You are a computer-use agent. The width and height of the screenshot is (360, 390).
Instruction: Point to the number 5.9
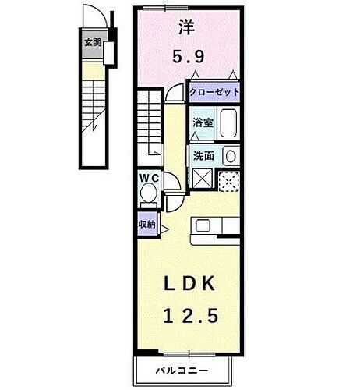(x=188, y=57)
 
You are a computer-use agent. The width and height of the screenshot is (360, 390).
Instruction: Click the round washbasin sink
(x=229, y=155)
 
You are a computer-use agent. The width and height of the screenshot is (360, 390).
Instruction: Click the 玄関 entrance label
(x=93, y=43)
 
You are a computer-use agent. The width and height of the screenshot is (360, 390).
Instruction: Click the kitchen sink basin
(x=202, y=225)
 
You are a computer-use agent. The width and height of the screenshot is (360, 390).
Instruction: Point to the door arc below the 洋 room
(x=175, y=93)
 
